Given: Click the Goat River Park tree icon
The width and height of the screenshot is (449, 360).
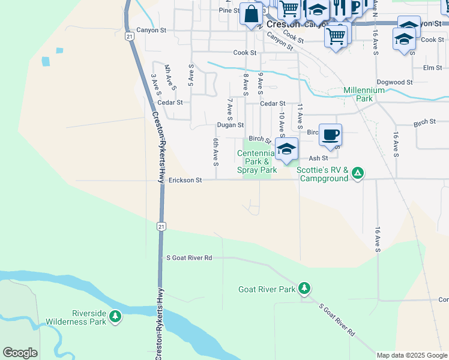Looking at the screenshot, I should coord(304,289).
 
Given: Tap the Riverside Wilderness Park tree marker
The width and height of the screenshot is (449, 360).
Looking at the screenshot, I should coord(115,315).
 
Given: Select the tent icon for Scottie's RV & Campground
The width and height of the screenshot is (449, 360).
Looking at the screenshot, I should coord(357,173).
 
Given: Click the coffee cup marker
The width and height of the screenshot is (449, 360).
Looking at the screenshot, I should coord(330,134).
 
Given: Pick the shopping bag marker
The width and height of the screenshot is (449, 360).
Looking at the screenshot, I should coord(251,13).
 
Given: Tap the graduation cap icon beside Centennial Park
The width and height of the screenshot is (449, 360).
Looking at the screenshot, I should coord(286,149).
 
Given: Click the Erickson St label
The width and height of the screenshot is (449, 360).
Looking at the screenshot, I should coord(185,180).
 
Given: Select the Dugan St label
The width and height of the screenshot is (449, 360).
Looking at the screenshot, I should coord(231,125).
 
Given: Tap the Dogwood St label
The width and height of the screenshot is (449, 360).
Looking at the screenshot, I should coord(394,82).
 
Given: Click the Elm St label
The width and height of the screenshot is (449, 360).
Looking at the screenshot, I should coord(432,68).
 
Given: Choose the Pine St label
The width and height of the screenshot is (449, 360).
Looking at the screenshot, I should coord(229,10).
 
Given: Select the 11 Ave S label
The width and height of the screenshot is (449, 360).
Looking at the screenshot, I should coord(300,116).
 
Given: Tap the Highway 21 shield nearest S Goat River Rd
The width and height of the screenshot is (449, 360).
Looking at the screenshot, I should coord(160,226).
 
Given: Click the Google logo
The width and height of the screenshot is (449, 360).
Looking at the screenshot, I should coord(20,353).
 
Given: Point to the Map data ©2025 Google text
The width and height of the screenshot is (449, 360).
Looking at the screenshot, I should coord(411,355).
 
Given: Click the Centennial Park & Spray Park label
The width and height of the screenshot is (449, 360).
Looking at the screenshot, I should coord(257,161).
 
